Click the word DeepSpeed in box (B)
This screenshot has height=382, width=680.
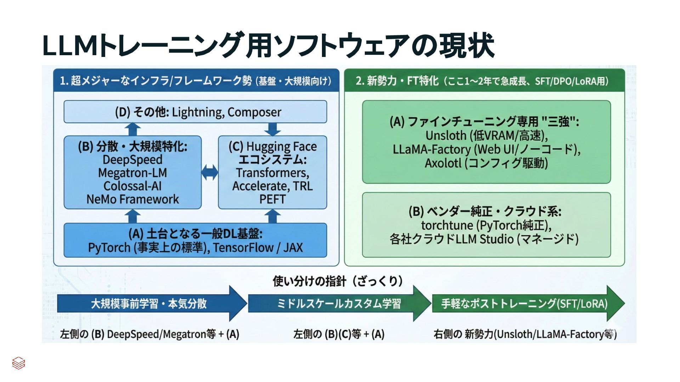132,160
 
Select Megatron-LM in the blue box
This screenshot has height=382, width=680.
132,173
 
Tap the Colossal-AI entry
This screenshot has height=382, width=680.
132,186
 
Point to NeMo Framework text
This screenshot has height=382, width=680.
132,199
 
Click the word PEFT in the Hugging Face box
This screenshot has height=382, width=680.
272,199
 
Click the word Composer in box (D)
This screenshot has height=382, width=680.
254,112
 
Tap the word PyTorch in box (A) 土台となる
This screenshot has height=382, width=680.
109,248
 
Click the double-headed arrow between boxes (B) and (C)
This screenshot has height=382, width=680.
210,173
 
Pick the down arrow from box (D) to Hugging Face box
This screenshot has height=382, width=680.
272,129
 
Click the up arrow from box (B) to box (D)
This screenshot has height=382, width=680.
133,129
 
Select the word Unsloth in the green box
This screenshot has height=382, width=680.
446,135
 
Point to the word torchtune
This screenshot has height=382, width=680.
447,225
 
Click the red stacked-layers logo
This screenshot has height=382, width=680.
18,363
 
